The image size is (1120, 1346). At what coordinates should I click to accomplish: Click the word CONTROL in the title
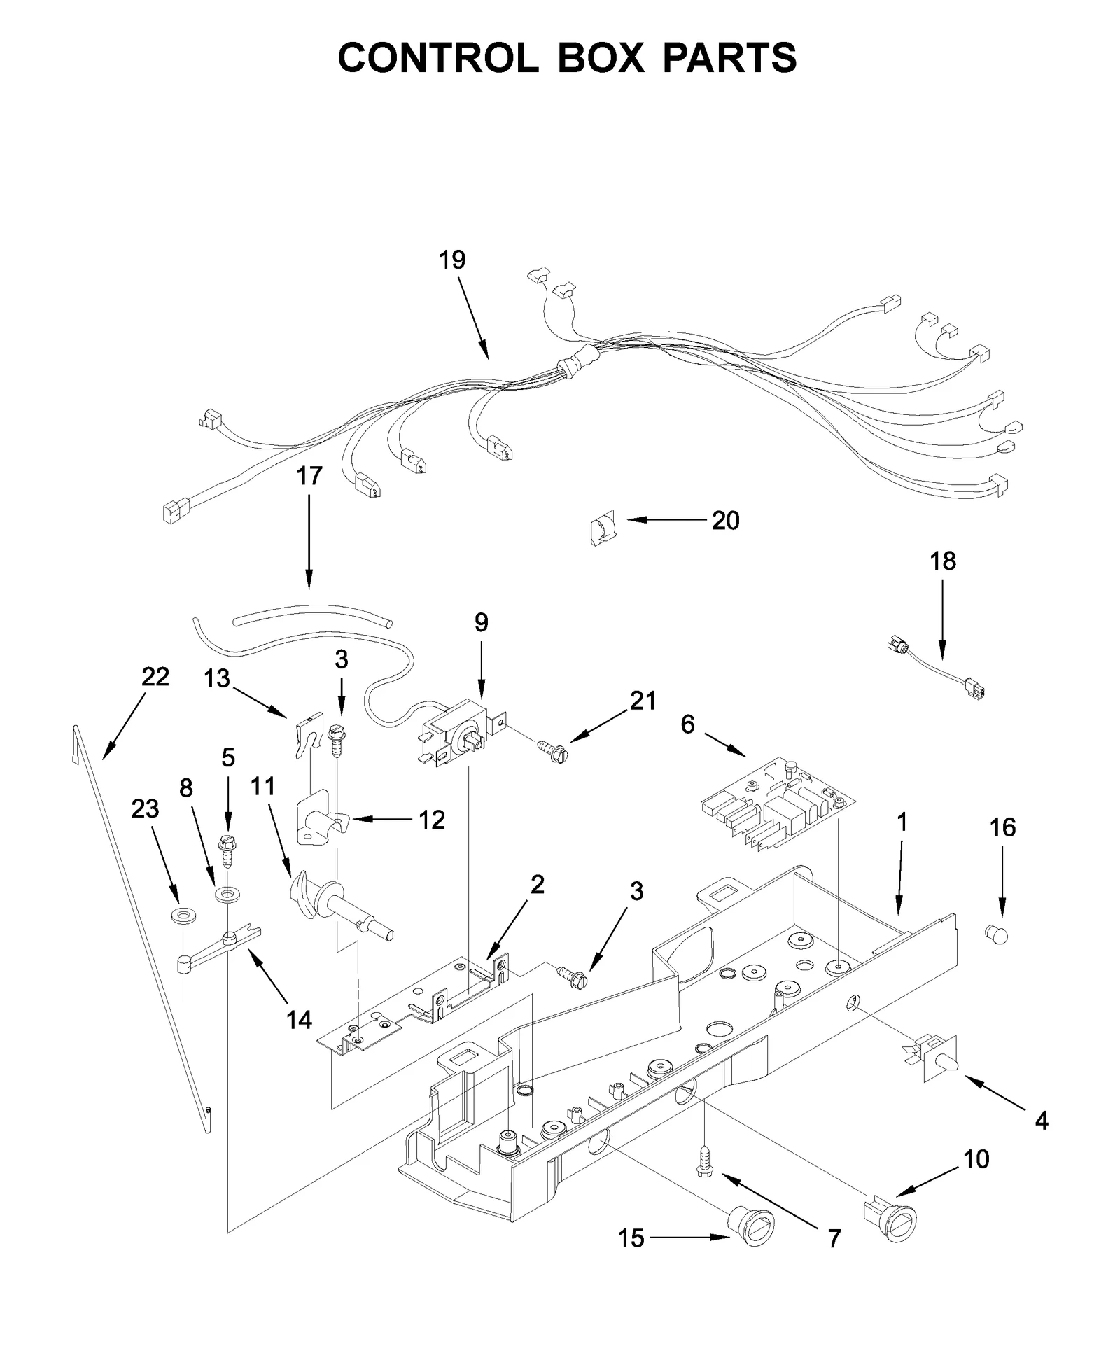(437, 57)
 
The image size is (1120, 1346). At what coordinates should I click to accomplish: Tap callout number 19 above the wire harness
(452, 260)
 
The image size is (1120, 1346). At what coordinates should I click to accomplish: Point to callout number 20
(725, 521)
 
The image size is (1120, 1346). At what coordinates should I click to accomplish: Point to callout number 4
(1041, 1121)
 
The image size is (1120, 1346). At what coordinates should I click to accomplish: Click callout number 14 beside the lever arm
(299, 1020)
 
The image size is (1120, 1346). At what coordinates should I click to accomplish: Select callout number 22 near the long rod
(155, 677)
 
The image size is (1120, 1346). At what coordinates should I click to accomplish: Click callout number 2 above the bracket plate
(537, 885)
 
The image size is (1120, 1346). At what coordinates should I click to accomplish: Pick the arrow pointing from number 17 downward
(309, 546)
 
